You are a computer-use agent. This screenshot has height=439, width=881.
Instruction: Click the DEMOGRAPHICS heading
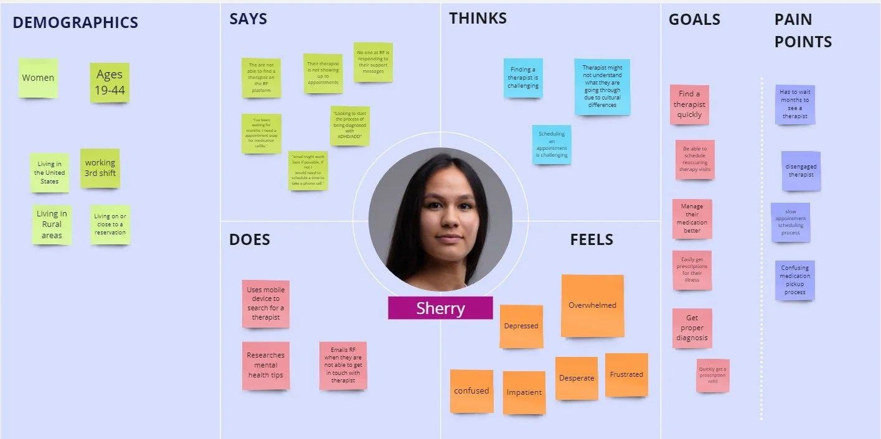pos(75,23)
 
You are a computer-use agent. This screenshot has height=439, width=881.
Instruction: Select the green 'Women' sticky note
pos(38,78)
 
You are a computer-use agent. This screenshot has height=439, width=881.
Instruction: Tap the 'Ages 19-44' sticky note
pos(110,83)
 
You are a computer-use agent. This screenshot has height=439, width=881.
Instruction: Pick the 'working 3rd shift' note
pos(100,168)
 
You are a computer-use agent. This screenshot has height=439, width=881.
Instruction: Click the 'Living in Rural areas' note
pos(52,224)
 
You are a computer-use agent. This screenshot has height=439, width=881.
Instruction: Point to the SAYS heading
pos(247,19)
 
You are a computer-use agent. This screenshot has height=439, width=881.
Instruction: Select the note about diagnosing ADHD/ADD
pos(349,126)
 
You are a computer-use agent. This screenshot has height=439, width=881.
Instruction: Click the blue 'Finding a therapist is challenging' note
pos(523,78)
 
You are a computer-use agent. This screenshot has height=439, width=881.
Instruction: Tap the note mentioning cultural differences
pos(601,86)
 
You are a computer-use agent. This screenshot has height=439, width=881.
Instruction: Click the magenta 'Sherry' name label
pos(440,308)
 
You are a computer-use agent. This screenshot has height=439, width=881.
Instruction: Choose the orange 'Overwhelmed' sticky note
pos(592,305)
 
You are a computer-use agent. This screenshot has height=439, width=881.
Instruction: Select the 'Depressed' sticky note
pos(521,326)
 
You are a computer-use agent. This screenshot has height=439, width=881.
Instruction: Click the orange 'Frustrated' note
pos(626,374)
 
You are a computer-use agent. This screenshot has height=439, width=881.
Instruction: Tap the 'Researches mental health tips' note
pos(266,365)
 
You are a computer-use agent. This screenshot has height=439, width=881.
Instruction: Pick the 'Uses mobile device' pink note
pos(266,303)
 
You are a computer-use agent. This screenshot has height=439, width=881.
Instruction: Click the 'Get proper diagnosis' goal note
pos(692,328)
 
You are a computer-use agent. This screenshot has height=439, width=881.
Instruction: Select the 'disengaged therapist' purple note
pos(801,171)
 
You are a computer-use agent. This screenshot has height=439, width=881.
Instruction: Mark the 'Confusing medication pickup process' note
pos(795,280)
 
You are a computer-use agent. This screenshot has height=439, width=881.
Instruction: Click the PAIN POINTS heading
pos(803,30)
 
